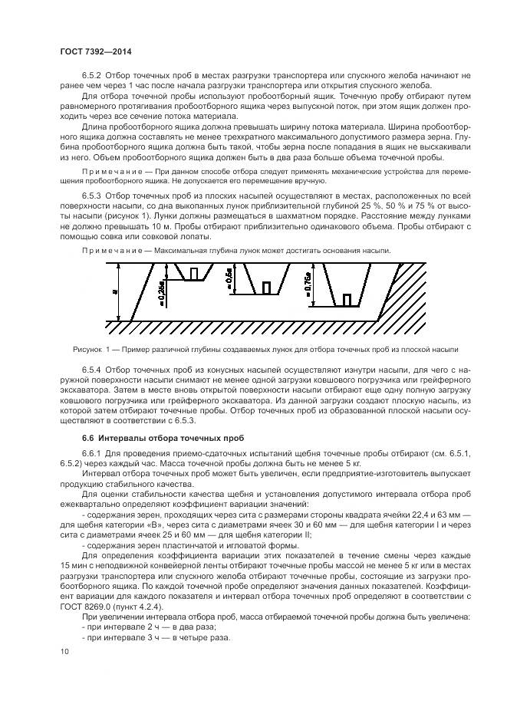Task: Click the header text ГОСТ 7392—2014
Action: pos(89,51)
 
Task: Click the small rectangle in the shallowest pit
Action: pos(195,273)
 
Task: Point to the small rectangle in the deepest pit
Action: pos(347,299)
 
